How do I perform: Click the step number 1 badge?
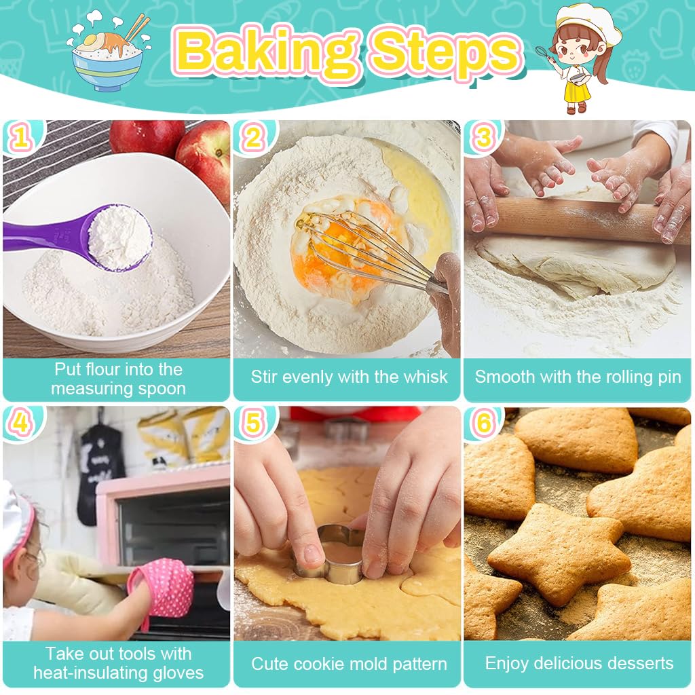click(21, 138)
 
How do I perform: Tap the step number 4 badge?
click(21, 424)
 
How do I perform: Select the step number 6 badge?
click(483, 424)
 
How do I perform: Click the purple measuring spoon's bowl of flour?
click(119, 238)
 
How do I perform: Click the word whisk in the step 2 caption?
click(424, 377)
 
